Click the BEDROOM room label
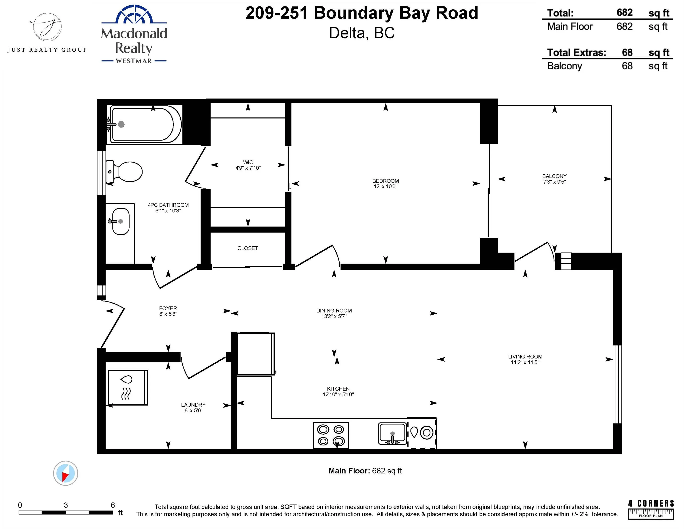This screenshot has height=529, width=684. click(x=385, y=181)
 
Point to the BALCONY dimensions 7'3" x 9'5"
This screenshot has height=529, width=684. click(x=554, y=182)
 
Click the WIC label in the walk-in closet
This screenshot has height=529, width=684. click(x=248, y=162)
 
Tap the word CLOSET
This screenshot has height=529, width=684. click(x=247, y=248)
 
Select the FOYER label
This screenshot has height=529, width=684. click(x=168, y=308)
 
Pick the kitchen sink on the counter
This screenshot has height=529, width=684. click(x=392, y=433)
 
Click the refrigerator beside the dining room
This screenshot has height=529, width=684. click(x=255, y=354)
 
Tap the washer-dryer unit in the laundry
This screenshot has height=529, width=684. click(x=128, y=388)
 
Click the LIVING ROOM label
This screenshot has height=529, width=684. click(x=525, y=357)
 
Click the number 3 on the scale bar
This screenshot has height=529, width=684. click(x=66, y=505)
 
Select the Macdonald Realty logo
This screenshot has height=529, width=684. click(x=134, y=34)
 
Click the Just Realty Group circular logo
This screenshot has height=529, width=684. click(x=47, y=27)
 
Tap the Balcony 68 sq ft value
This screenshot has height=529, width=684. click(x=627, y=66)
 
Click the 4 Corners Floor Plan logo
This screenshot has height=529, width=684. click(x=650, y=509)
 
